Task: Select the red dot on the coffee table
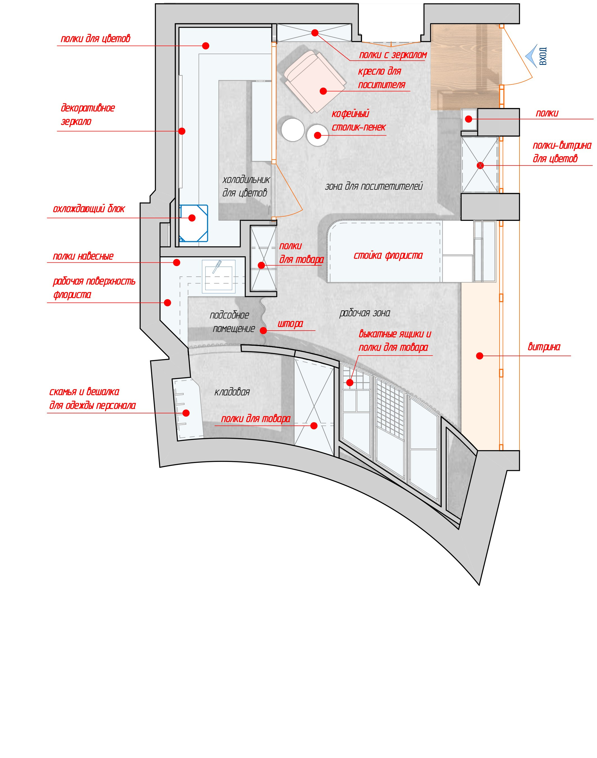317,135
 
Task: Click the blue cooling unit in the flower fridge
193,223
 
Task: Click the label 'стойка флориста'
388,256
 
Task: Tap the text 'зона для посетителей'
374,186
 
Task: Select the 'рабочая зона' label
364,313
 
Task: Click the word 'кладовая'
232,392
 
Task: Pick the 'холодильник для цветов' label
246,186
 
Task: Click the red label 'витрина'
544,347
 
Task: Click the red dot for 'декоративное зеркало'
182,131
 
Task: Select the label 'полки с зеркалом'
393,55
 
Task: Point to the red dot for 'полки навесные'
177,262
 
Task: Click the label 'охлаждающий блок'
89,209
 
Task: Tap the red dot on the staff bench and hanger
186,413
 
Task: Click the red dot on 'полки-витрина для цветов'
480,165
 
